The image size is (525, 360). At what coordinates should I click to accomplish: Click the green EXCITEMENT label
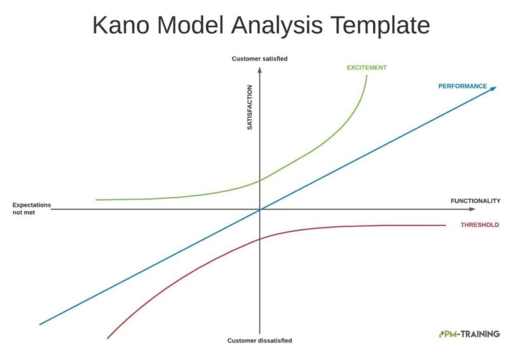367,68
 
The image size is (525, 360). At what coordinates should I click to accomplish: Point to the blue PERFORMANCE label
463,86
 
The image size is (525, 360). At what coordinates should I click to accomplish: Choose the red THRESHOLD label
480,225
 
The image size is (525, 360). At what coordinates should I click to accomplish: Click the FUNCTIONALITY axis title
475,201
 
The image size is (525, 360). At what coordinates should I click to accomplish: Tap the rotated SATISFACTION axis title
250,107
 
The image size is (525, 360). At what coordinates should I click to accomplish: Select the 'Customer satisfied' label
259,58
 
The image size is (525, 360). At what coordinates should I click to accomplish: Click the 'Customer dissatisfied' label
259,341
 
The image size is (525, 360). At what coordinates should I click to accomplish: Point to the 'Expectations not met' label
31,208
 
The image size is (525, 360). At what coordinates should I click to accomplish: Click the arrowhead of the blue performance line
493,88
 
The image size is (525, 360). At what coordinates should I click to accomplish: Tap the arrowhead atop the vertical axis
259,70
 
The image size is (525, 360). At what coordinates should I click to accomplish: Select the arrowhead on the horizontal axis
472,209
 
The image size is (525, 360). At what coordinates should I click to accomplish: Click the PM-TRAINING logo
469,334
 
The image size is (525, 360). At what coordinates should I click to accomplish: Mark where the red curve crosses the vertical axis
259,239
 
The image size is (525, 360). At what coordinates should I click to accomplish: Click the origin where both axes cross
259,210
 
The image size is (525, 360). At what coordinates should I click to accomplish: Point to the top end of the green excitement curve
367,76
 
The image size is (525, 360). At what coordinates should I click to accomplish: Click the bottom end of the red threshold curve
108,338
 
